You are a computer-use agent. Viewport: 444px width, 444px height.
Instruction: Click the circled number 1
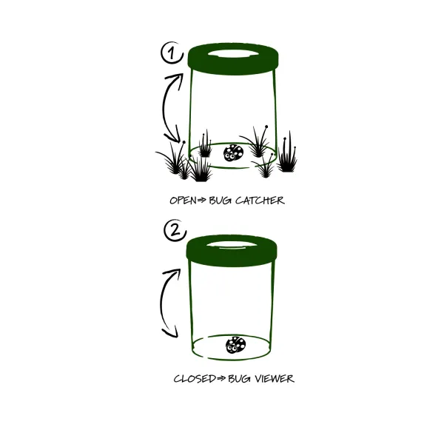coord(172,53)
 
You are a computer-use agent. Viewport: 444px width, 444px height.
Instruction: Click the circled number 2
coord(175,230)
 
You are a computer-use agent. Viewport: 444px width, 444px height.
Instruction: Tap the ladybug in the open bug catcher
coord(233,152)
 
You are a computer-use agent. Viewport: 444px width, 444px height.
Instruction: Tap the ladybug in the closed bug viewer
coord(235,345)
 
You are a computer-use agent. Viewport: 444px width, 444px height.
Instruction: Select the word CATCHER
coord(260,201)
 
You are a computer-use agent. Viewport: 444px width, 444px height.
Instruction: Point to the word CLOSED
coord(195,379)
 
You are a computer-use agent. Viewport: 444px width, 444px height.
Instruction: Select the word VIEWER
coord(274,379)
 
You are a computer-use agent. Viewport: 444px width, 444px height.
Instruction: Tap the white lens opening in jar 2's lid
coord(232,245)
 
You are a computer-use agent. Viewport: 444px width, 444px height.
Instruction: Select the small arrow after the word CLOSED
coord(221,379)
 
